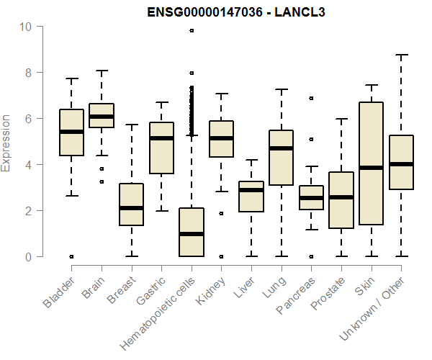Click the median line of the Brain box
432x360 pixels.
tap(101, 117)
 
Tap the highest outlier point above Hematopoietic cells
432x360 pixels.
tap(192, 30)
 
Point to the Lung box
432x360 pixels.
tap(281, 158)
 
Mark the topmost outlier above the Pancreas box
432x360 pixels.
tap(311, 98)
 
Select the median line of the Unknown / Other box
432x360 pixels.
tap(401, 164)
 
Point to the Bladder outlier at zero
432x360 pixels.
tap(71, 256)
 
